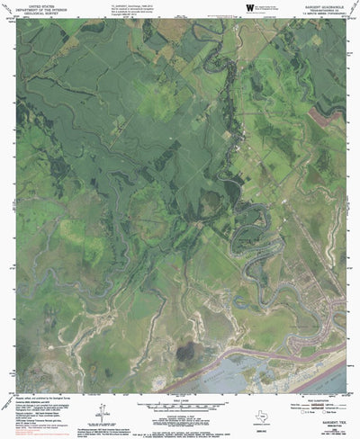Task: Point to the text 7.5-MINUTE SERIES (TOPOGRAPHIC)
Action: pyautogui.click(x=322, y=15)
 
